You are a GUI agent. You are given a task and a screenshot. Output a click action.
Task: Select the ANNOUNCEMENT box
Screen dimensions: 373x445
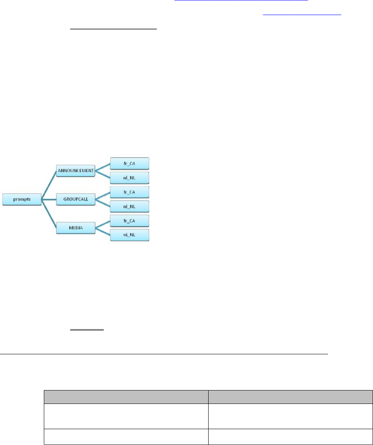75,171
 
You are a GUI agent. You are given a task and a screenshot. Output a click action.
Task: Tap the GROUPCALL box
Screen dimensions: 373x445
75,199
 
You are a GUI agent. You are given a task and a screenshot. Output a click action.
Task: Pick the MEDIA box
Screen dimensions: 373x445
75,228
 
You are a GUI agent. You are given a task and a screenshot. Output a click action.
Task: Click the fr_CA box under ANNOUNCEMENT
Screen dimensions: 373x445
130,164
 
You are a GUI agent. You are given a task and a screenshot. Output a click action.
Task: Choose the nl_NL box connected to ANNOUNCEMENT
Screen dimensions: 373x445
130,178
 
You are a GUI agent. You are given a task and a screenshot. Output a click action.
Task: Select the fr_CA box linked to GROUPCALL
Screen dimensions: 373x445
130,192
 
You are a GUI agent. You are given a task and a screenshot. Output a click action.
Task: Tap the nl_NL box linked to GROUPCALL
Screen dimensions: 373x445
130,206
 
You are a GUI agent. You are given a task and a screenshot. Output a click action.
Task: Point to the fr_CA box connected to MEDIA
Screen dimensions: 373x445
130,220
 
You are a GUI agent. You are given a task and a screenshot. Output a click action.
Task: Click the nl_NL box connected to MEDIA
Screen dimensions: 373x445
130,235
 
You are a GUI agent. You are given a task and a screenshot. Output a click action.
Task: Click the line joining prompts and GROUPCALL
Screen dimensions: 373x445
49,199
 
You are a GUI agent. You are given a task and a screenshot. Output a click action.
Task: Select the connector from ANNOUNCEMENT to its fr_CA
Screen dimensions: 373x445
103,167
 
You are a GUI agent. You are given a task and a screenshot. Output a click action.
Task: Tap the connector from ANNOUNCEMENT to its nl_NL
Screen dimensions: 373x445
103,175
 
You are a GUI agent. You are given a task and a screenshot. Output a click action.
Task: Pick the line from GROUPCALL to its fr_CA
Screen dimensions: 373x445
103,196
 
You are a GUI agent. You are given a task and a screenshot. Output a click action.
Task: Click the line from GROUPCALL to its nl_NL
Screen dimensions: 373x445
103,203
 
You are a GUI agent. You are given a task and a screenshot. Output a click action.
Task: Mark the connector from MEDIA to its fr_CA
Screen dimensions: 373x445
103,224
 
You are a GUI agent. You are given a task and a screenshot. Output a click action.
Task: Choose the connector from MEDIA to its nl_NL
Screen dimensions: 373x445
103,231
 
